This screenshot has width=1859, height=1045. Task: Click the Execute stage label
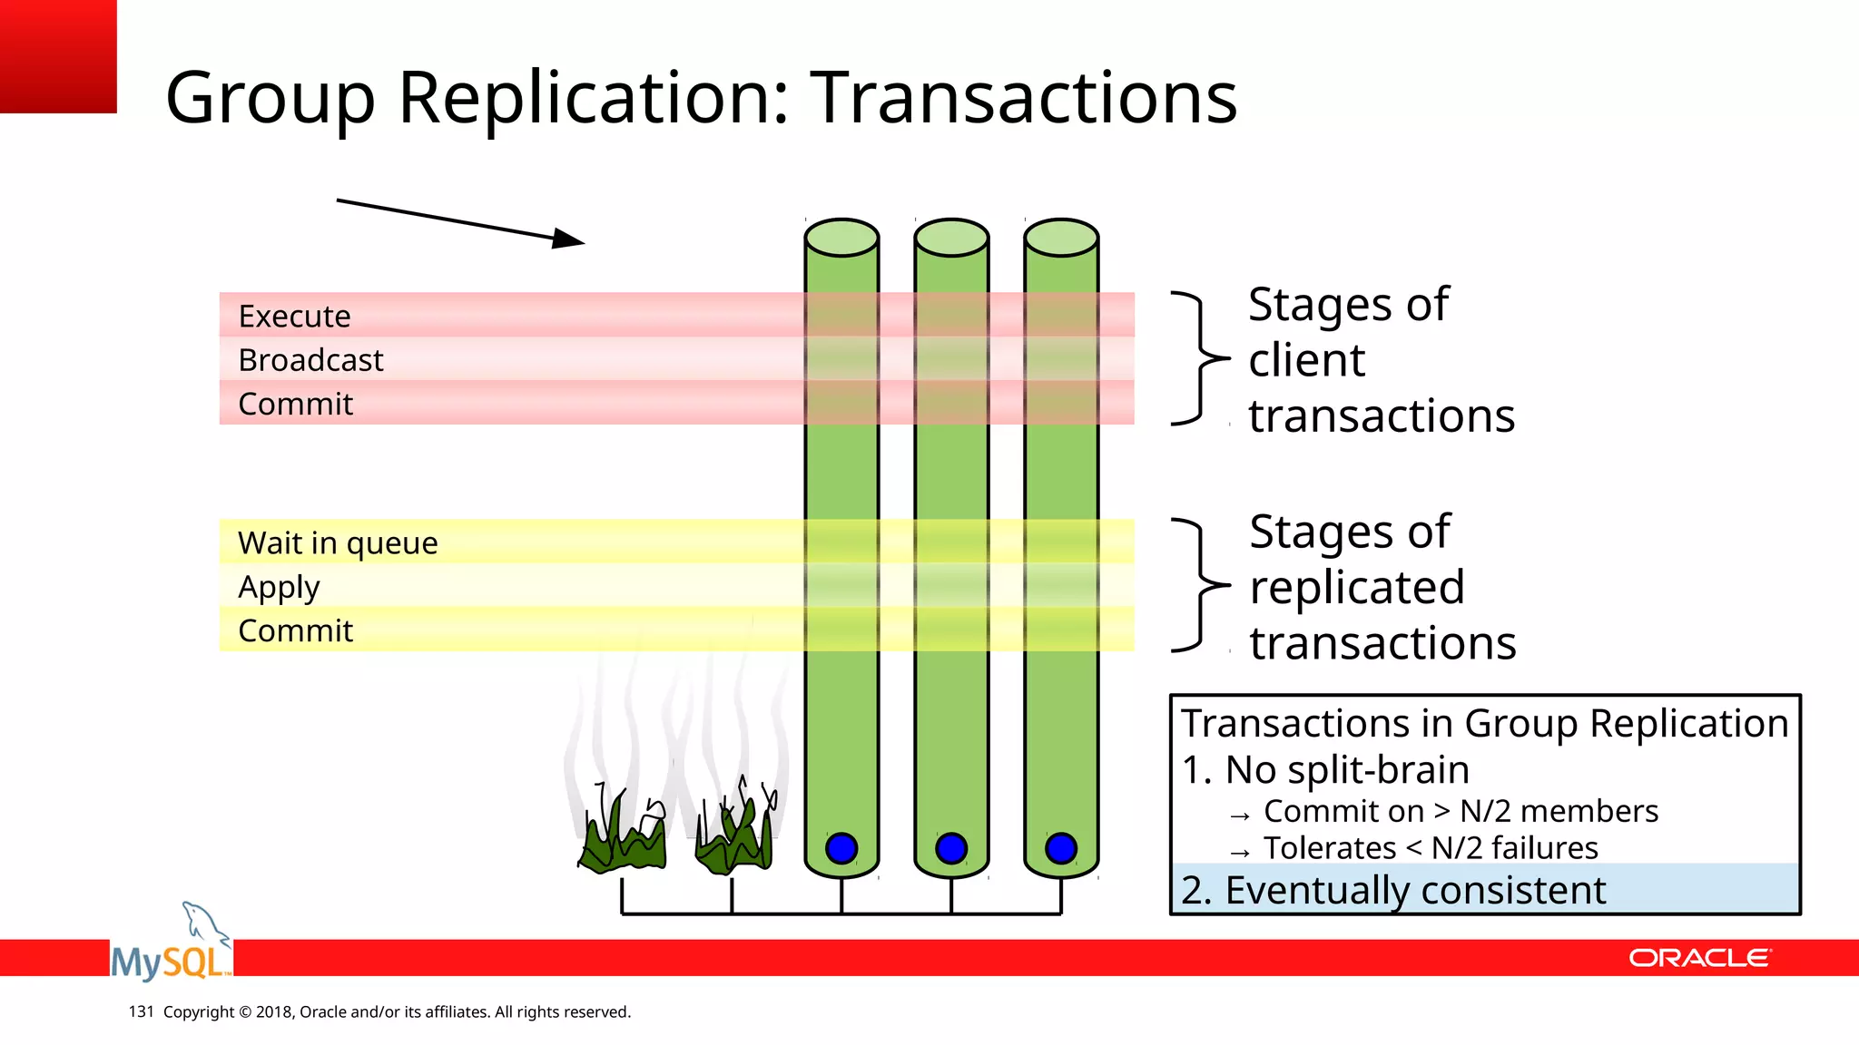294,317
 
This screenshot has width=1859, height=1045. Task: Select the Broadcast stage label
310,360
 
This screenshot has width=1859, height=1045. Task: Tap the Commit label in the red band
295,404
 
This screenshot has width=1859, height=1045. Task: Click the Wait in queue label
338,542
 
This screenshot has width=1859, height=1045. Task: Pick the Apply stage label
279,588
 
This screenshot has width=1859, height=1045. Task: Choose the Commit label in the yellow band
295,630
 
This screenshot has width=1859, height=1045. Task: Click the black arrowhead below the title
568,239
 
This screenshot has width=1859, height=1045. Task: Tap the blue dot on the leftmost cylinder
841,848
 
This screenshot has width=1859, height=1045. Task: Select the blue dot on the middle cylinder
951,848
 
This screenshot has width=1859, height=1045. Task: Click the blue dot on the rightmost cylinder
1061,848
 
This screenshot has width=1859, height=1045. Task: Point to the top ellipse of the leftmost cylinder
841,238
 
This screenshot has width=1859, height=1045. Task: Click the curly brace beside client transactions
1200,358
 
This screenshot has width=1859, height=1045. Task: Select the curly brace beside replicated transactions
1200,585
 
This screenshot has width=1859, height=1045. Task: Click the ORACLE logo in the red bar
1698,958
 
